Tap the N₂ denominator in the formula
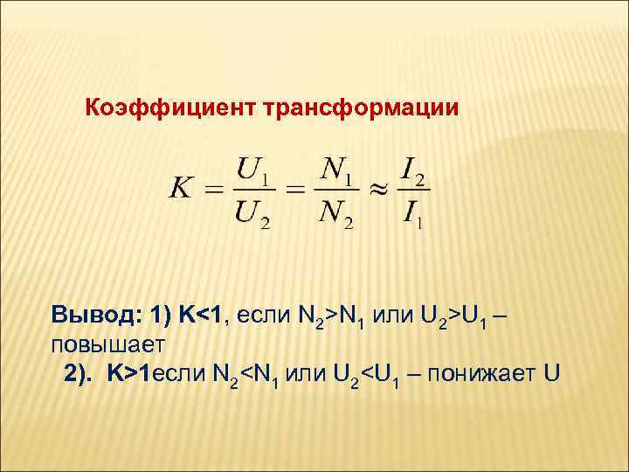(337, 215)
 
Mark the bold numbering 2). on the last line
(83, 374)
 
